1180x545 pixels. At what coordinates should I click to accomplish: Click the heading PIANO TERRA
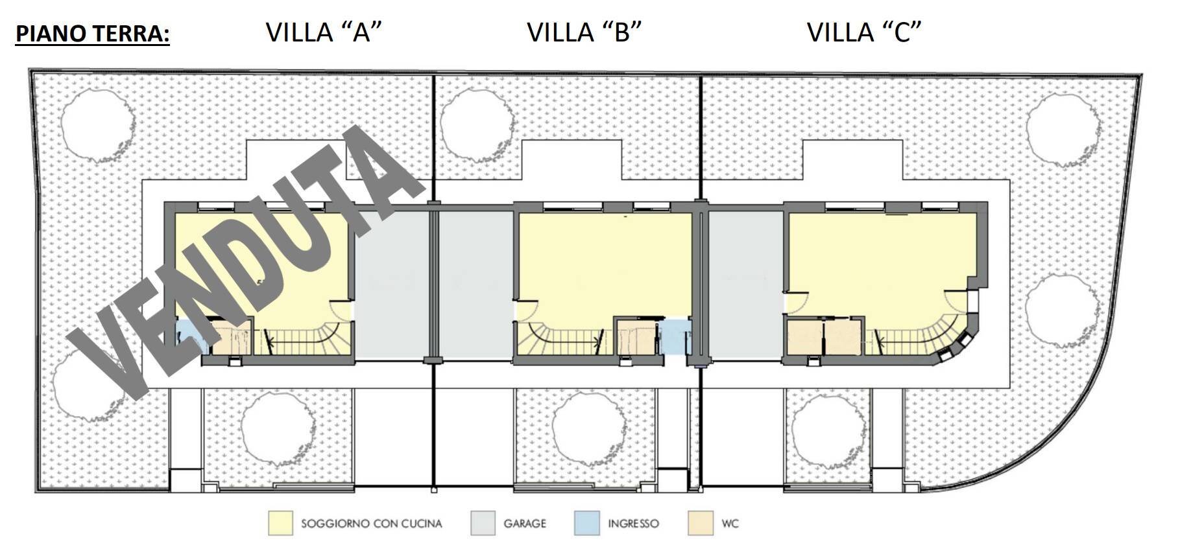tap(92, 33)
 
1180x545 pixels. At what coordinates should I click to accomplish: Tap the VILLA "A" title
tap(323, 32)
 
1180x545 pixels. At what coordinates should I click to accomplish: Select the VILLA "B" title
tap(584, 32)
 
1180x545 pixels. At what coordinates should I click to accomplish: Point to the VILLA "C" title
tap(864, 32)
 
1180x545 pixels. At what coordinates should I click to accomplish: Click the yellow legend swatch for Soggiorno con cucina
tap(280, 524)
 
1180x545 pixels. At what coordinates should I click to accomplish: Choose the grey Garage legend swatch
tap(483, 524)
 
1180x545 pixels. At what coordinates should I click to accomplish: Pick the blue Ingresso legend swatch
tap(586, 524)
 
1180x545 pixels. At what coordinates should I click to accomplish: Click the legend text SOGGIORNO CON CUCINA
tap(371, 524)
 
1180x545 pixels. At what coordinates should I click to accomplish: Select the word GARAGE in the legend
tap(524, 524)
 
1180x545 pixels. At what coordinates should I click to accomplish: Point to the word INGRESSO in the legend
tap(633, 524)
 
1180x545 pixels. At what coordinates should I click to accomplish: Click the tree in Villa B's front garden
tap(589, 428)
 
